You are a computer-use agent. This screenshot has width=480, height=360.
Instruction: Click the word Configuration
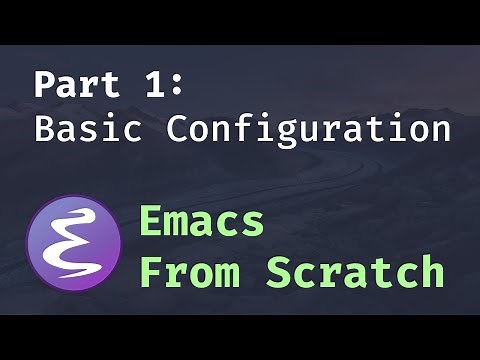309,128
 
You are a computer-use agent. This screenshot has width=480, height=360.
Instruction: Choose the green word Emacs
201,221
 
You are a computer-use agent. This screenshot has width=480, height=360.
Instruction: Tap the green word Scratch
355,271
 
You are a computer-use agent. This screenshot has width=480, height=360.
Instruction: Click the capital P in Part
45,84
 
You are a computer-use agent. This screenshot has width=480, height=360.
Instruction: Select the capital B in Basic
45,128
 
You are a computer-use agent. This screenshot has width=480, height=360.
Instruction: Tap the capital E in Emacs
151,221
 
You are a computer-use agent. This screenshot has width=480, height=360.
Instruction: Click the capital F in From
151,271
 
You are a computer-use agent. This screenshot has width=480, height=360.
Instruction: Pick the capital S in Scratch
279,271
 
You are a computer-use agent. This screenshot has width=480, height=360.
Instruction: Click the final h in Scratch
431,271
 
